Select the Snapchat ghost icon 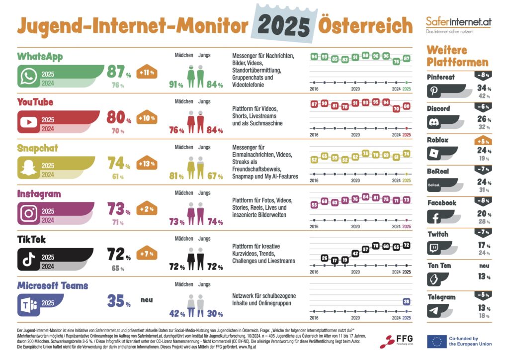click(29, 168)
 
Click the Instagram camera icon click(29, 214)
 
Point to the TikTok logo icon click(29, 259)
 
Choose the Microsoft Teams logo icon click(29, 305)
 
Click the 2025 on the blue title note click(284, 24)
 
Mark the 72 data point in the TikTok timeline click(407, 245)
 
